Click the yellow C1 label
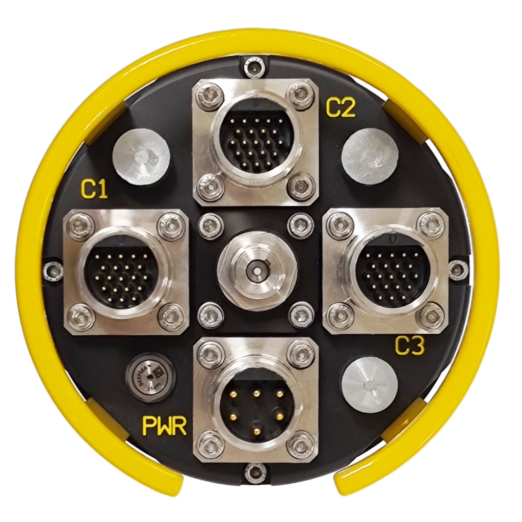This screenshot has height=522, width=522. [x=94, y=190]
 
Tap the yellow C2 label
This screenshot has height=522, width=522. [x=341, y=108]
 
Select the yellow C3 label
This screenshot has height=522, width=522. [x=409, y=347]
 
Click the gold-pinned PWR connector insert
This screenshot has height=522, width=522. [x=256, y=408]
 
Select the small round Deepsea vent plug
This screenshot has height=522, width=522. [x=150, y=378]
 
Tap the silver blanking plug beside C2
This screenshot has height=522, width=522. [x=369, y=155]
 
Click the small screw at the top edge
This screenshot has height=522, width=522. [x=254, y=66]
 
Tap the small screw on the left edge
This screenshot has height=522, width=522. [x=53, y=270]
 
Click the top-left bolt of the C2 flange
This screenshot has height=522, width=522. [x=211, y=95]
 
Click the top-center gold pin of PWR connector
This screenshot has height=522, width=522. [x=256, y=393]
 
